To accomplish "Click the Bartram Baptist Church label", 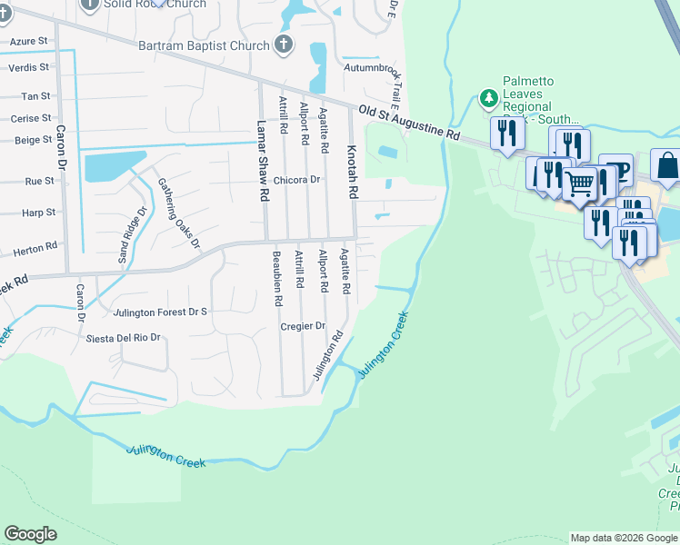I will coord(204,45).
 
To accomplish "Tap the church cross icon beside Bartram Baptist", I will coord(284,44).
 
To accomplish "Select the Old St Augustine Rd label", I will coord(408,122).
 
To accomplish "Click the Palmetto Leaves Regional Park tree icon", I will coord(489,98).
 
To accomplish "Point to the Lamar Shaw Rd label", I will coord(262,161).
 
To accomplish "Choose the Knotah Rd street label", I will coord(352,172).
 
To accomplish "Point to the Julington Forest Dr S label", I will coord(161,312).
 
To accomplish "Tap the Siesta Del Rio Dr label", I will coord(123,338).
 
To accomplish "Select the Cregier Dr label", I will coord(303,326).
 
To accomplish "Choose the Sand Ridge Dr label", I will coord(134,235).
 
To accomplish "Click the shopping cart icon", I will coord(579,183).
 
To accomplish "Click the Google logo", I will coord(30,534).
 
